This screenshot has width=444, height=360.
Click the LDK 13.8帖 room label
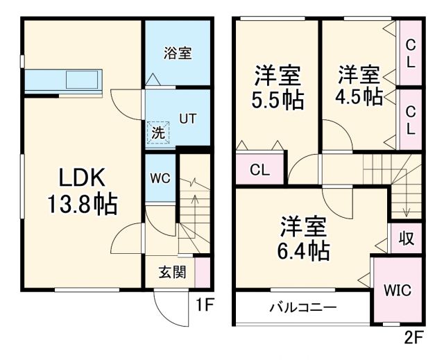[81, 191]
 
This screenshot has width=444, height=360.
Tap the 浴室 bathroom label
[178, 53]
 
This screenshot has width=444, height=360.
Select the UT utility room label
[187, 118]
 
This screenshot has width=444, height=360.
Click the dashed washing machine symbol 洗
[157, 132]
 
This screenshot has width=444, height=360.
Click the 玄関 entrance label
[172, 272]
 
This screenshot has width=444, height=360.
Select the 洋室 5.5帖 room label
[277, 86]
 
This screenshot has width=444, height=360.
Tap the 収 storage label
[406, 239]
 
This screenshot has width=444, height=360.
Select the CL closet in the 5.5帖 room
[259, 169]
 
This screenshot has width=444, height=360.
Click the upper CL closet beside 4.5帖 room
[410, 53]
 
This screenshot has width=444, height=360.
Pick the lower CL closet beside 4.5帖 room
[410, 119]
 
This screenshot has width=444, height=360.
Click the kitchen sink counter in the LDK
[63, 80]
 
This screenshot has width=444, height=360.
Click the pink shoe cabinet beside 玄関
[202, 271]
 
